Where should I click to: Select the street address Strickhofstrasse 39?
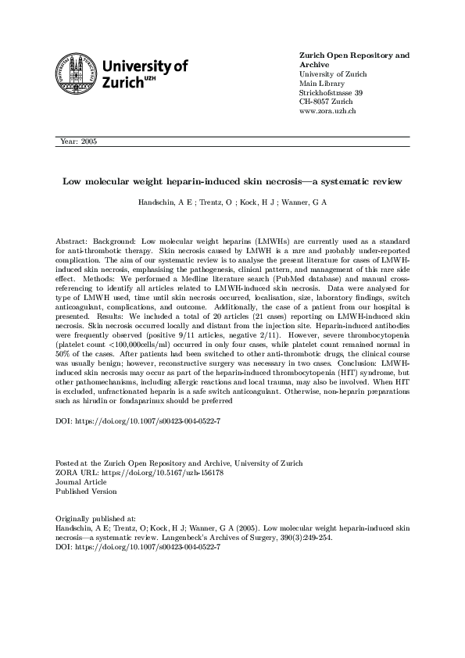point(331,93)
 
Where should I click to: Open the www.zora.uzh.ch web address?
point(328,112)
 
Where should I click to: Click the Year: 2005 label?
point(78,141)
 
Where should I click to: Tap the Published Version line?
point(85,492)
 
